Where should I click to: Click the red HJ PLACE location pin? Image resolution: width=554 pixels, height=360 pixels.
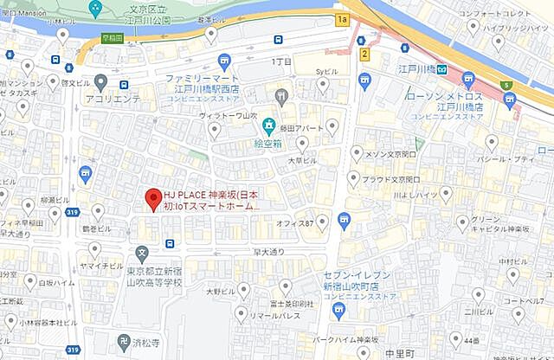click(152, 197)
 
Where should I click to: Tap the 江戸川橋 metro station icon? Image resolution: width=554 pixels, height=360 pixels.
click(441, 68)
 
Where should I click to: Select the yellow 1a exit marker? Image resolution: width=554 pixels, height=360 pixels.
click(342, 18)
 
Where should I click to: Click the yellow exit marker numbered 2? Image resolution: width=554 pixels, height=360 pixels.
click(365, 54)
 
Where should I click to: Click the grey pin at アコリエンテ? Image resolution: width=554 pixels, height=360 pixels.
click(101, 83)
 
